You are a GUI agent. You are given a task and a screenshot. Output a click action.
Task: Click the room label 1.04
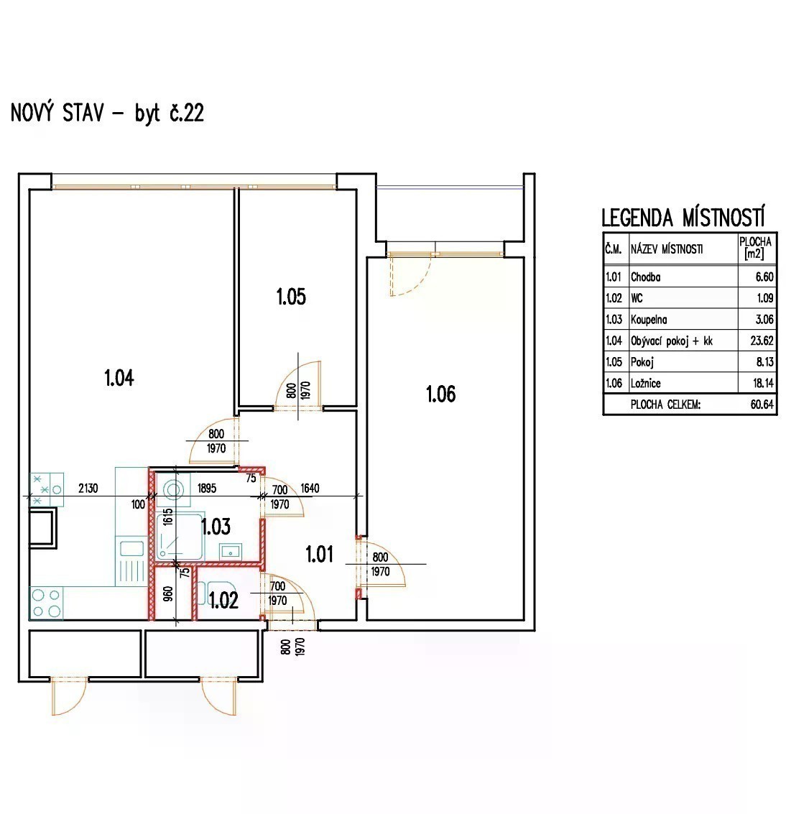tap(119, 378)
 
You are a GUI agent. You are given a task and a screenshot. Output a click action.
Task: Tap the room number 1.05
tap(291, 297)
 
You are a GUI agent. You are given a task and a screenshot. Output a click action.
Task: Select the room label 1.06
tap(440, 394)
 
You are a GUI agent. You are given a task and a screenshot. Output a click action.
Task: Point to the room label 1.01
tap(319, 554)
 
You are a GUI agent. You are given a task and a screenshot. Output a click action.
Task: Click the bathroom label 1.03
tap(216, 527)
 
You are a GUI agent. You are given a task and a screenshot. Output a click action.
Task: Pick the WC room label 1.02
tap(223, 600)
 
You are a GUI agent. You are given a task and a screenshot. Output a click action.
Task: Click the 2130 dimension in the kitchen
tap(88, 488)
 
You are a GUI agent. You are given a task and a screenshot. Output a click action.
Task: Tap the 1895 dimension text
tap(207, 488)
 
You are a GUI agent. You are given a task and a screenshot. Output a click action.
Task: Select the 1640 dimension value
tap(310, 488)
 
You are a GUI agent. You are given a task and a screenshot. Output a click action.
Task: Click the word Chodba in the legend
tap(645, 277)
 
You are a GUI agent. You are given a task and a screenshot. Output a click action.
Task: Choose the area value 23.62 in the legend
tap(762, 341)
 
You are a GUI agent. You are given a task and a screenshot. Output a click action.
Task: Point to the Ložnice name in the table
tap(645, 383)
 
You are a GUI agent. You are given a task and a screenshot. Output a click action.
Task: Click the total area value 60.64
tap(762, 404)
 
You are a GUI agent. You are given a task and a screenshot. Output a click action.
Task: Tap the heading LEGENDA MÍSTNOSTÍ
tap(683, 217)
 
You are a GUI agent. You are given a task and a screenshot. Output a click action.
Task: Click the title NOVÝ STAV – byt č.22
tap(108, 113)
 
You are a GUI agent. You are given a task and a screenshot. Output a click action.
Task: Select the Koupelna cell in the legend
tap(649, 319)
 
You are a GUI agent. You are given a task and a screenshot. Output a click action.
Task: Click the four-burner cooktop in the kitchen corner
tap(46, 603)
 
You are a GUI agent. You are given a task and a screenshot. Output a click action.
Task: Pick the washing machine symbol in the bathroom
tap(173, 489)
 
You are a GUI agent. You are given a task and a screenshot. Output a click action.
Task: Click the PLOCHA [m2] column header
tap(755, 248)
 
